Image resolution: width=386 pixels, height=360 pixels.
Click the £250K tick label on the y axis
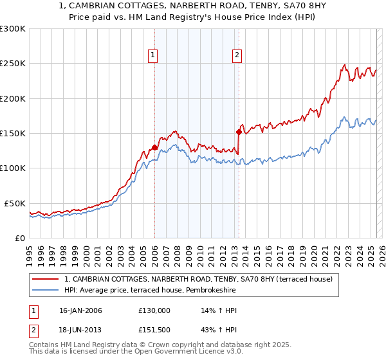point(13,64)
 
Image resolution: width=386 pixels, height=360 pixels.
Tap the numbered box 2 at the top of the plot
point(237,56)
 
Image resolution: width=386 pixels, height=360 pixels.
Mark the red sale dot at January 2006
point(154,147)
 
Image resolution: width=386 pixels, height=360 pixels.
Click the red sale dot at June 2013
point(239,132)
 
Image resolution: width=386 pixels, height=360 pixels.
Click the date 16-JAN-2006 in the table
point(80,310)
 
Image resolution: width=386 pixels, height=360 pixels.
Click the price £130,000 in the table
point(154,310)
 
